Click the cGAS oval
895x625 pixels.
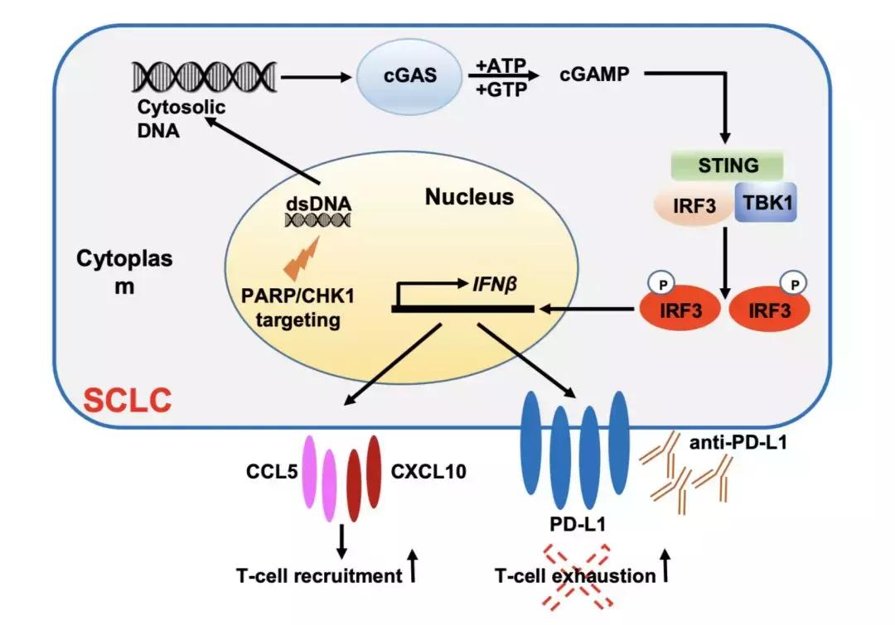pyautogui.click(x=409, y=77)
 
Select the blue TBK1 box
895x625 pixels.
pyautogui.click(x=765, y=203)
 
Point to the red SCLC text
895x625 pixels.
pyautogui.click(x=128, y=401)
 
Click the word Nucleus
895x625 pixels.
pyautogui.click(x=469, y=197)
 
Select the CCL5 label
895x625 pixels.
pyautogui.click(x=270, y=472)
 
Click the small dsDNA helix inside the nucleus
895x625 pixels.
pyautogui.click(x=317, y=219)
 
